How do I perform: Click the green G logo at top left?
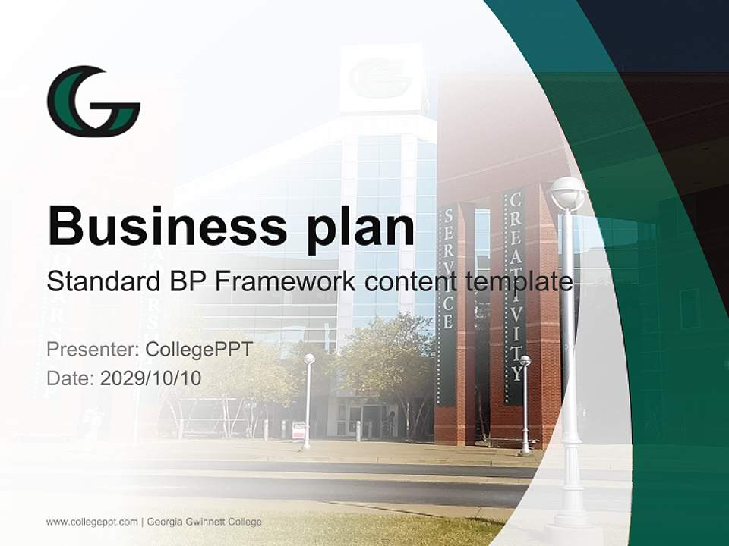pyautogui.click(x=93, y=101)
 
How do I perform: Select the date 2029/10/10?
pyautogui.click(x=151, y=378)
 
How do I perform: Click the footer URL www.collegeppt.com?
pyautogui.click(x=92, y=522)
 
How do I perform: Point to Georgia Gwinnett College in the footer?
pyautogui.click(x=204, y=522)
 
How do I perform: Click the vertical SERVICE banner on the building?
pyautogui.click(x=448, y=269)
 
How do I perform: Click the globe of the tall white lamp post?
pyautogui.click(x=568, y=193)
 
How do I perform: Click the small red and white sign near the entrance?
pyautogui.click(x=298, y=431)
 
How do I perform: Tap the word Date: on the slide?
pyautogui.click(x=71, y=378)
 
